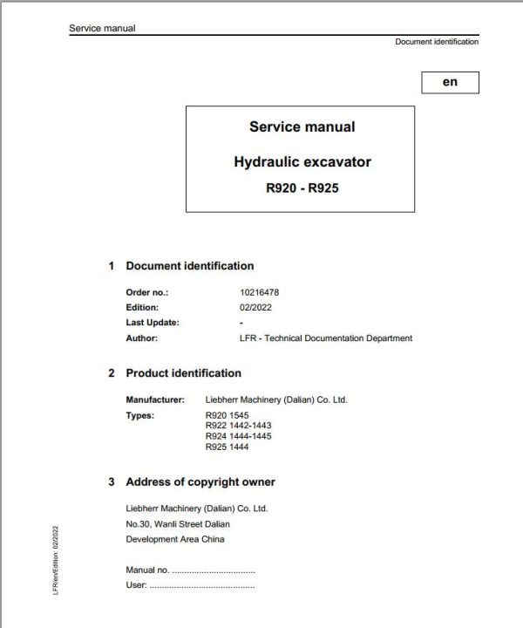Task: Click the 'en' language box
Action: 450,83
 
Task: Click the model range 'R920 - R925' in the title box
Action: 302,186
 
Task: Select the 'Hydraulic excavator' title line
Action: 302,161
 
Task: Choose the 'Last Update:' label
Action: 153,323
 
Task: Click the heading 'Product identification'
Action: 183,373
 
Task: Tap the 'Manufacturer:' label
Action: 156,399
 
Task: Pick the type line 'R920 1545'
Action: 226,415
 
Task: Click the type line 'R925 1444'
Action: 226,446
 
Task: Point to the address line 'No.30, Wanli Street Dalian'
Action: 178,524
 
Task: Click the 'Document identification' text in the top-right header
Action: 437,41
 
